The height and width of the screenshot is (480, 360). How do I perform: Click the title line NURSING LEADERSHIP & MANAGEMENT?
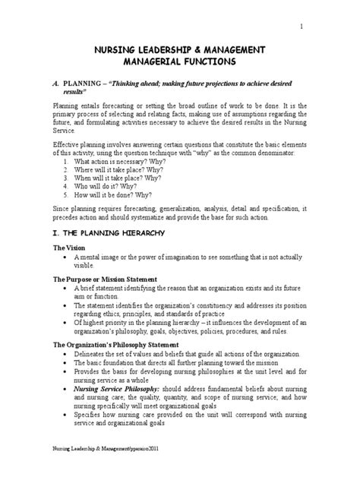pos(179,49)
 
